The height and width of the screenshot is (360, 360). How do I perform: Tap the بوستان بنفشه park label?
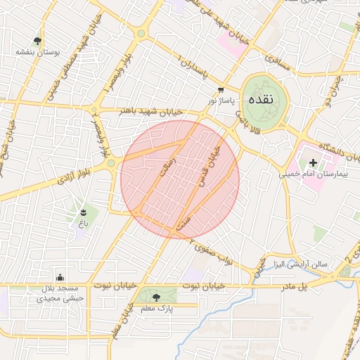click(37, 53)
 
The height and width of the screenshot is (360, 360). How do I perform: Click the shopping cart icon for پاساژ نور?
click(221, 91)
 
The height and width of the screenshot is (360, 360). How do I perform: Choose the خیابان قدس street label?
click(217, 156)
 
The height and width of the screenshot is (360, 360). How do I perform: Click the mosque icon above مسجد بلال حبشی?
click(62, 276)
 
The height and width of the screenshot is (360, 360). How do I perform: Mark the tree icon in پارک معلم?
click(155, 296)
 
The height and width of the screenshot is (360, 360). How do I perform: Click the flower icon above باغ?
click(84, 212)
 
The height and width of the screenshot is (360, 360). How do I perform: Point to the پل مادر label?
click(295, 286)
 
